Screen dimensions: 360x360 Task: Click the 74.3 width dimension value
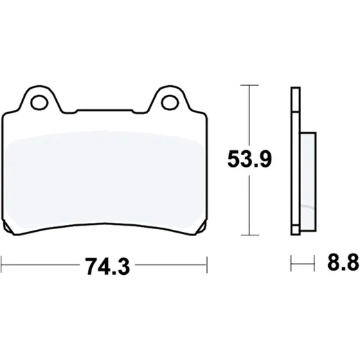coord(107,266)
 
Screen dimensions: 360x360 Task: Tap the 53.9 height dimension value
coord(249,159)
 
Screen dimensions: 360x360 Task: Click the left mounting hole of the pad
coord(39,102)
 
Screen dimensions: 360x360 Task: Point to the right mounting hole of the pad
coord(170,102)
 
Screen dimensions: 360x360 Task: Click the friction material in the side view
coord(308,181)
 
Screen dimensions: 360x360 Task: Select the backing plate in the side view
coord(296,161)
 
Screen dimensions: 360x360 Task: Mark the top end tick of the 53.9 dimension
coord(249,85)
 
